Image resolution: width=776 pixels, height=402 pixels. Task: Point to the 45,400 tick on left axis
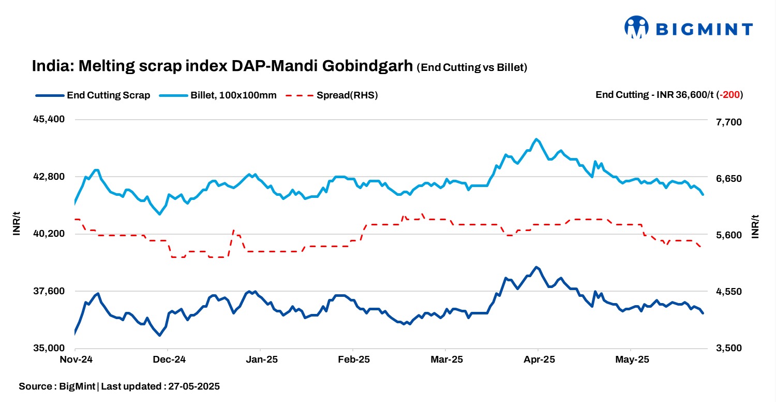tap(49, 119)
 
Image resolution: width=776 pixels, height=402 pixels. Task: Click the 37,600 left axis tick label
tap(49, 291)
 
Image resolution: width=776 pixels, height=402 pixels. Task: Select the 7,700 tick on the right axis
tap(728, 122)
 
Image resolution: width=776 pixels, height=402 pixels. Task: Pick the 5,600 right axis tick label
tap(728, 235)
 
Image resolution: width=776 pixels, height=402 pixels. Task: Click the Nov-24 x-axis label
tap(76, 359)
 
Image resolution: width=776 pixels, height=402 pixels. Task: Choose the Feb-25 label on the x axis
tap(353, 359)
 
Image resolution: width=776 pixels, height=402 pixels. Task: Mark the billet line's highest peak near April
tap(536, 139)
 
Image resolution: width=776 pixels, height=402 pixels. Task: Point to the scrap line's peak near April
tap(536, 267)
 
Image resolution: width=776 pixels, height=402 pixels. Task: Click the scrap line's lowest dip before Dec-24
tap(159, 335)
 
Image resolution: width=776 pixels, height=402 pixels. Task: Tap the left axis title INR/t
tap(16, 225)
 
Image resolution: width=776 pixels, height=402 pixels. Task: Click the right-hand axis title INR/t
tap(755, 226)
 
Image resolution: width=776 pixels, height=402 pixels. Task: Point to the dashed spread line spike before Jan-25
tap(234, 231)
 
